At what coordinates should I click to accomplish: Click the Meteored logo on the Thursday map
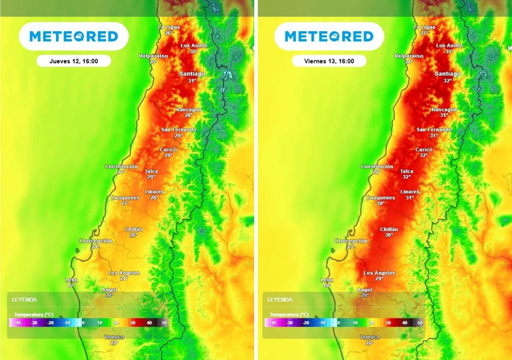(x=73, y=36)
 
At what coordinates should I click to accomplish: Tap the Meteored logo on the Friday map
(x=329, y=36)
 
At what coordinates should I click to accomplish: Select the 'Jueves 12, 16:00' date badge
(x=73, y=61)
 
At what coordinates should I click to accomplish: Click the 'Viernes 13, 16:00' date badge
(x=329, y=61)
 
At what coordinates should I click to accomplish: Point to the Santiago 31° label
(x=192, y=76)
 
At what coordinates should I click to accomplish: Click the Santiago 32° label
(x=447, y=76)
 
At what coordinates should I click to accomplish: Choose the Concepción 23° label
(x=351, y=243)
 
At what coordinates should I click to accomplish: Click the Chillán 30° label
(x=389, y=232)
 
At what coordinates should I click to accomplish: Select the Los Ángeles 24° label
(x=124, y=275)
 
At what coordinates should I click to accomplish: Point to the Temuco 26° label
(x=369, y=340)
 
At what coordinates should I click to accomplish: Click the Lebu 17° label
(x=71, y=282)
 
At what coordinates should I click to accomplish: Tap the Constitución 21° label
(x=121, y=169)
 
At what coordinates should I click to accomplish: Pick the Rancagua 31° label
(x=444, y=112)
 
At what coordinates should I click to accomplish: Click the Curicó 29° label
(x=168, y=152)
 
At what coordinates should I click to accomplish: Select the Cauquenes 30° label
(x=380, y=200)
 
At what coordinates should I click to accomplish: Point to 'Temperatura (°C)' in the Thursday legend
(x=34, y=314)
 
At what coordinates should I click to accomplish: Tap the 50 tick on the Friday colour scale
(x=420, y=323)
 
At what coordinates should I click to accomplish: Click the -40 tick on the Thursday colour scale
(x=17, y=323)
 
